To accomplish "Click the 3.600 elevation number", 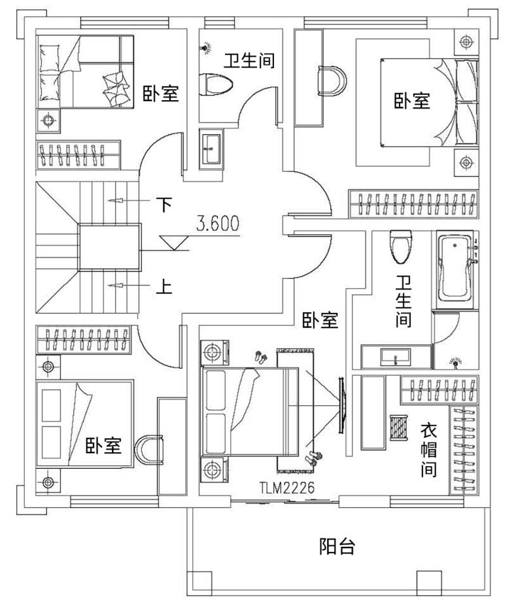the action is point(218,223).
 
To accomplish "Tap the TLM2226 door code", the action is point(286,488).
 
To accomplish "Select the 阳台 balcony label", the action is point(337,546).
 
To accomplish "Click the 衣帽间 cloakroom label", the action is point(428,450).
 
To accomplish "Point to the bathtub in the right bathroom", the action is point(455,269).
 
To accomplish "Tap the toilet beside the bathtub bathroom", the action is point(401,247).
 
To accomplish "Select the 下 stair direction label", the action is point(164,204).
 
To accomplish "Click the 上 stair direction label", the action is point(164,287).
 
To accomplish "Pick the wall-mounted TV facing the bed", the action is point(342,406).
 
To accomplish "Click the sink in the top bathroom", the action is point(211,149).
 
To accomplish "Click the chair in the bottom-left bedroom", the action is point(148,450).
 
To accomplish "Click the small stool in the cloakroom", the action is point(398,428).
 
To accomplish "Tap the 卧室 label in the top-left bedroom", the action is point(161,94).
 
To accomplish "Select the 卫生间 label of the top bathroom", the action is point(250,61).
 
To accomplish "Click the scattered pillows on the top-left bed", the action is point(115,89).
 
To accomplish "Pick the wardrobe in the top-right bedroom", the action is point(413,204).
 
